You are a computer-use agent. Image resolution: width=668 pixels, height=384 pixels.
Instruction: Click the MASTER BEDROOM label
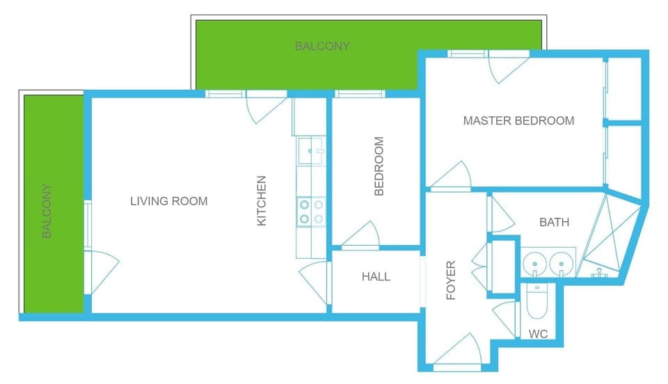click(x=518, y=121)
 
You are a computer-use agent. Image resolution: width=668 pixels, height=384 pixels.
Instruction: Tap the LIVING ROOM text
click(x=168, y=202)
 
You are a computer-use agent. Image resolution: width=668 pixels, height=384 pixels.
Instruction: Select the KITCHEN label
click(x=262, y=201)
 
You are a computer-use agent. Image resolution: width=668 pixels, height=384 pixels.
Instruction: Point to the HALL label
click(x=376, y=277)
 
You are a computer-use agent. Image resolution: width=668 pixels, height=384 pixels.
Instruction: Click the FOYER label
click(x=451, y=280)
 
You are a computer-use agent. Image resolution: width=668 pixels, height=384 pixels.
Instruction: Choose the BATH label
click(x=554, y=223)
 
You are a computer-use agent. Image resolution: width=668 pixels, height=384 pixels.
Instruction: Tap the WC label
click(x=538, y=335)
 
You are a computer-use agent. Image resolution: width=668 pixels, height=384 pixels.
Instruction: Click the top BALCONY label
click(x=322, y=47)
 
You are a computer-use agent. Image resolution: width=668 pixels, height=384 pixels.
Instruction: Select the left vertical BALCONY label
click(x=47, y=211)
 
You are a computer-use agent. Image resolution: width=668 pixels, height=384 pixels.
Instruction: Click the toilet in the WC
click(x=536, y=301)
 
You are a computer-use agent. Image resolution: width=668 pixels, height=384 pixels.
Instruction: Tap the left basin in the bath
click(x=534, y=264)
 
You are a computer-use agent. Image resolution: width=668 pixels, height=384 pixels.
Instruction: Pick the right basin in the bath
click(x=561, y=264)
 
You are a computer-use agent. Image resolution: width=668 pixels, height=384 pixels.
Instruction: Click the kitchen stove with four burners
click(x=311, y=212)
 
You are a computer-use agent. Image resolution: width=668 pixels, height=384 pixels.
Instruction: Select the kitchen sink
click(x=310, y=150)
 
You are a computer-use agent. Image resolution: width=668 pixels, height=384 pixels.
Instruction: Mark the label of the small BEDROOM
click(x=379, y=166)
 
